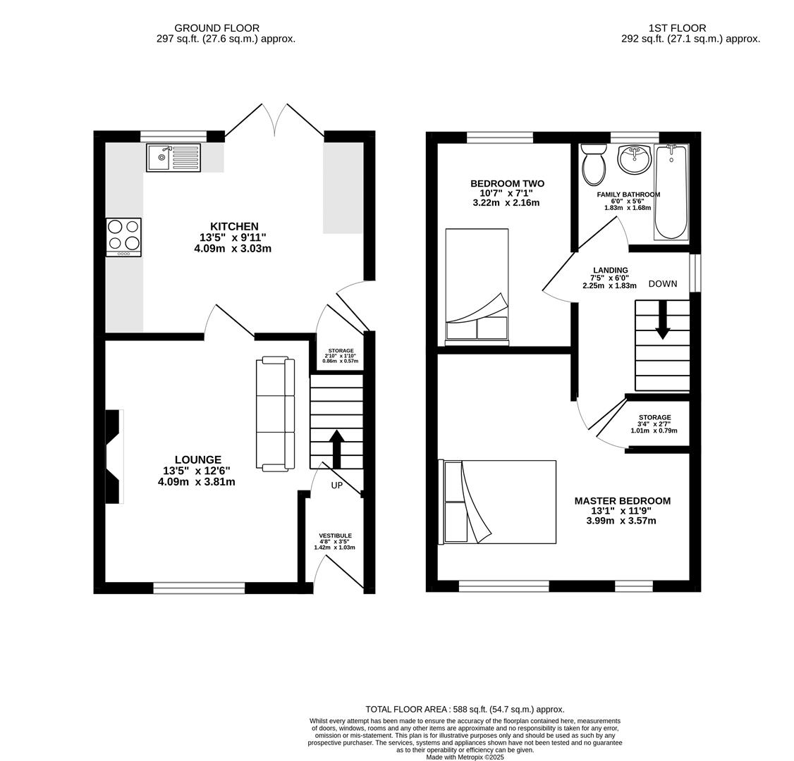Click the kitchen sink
click(173, 157)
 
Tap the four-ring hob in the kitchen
click(123, 237)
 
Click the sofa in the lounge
click(276, 414)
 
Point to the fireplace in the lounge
click(114, 457)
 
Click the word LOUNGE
click(197, 459)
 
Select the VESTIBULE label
click(335, 536)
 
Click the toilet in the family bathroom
click(594, 165)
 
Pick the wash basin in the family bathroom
click(635, 159)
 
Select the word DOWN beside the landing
click(662, 284)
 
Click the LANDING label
click(610, 270)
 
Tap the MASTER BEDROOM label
click(622, 501)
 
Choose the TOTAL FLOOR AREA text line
click(465, 710)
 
